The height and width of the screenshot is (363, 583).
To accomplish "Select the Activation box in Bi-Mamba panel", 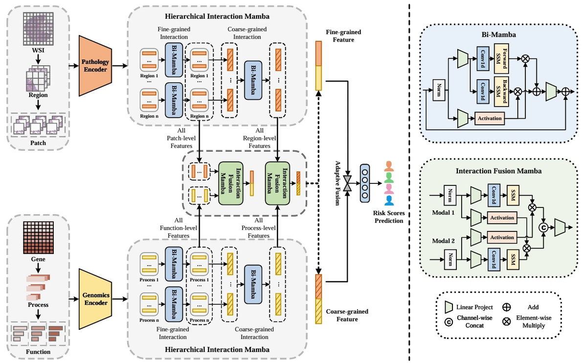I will click(x=490, y=118).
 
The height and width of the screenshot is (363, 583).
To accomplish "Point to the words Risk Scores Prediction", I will click(x=389, y=217).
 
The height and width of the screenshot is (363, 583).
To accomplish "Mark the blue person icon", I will click(x=389, y=201).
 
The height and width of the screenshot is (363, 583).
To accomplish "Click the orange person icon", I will click(x=389, y=165).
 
